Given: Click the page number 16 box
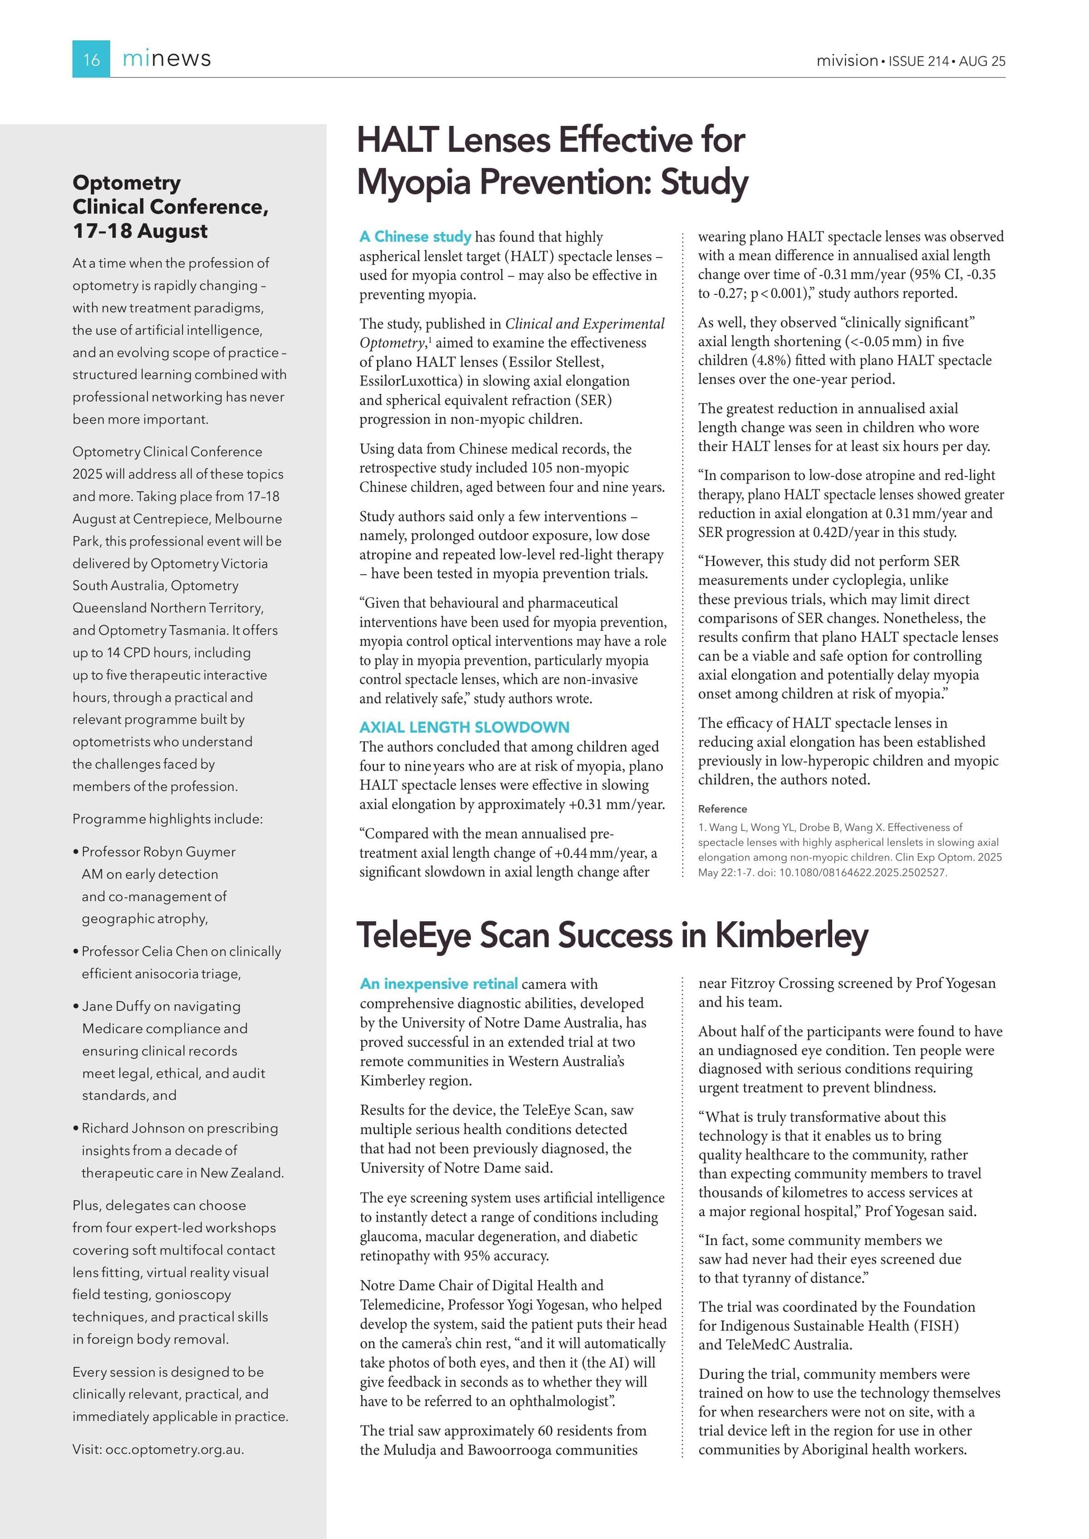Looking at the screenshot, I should [x=91, y=59].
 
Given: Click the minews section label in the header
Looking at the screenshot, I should [x=167, y=59].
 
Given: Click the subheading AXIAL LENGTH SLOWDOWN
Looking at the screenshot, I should [x=464, y=727].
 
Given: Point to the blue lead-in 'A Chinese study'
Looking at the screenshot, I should [x=415, y=237].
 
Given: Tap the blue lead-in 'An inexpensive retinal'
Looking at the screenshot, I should [x=439, y=984].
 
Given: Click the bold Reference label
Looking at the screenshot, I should [x=722, y=809].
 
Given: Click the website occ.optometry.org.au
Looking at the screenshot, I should [x=174, y=1449].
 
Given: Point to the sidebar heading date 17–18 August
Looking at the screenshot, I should [x=140, y=231].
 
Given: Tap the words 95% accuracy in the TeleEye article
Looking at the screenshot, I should [x=505, y=1256].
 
